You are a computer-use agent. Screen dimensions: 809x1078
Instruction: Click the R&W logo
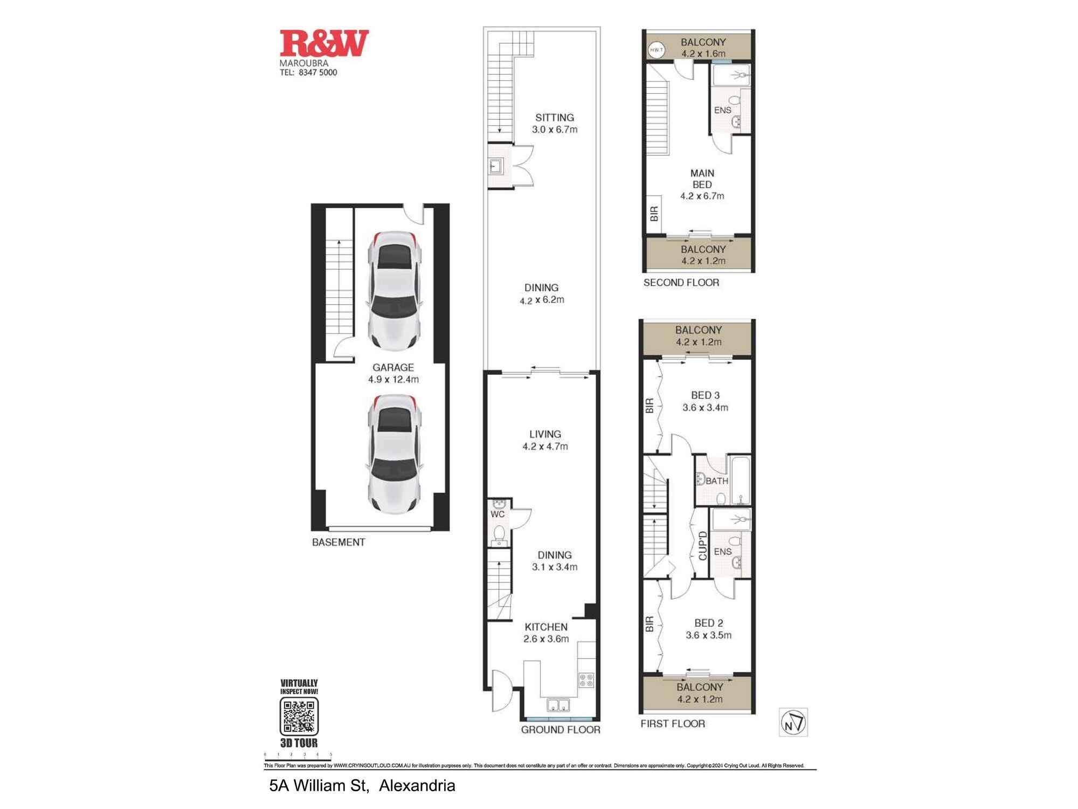(x=324, y=43)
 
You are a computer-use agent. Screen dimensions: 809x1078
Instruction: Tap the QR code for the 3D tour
(x=299, y=716)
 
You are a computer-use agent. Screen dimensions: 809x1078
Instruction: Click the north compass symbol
(x=793, y=722)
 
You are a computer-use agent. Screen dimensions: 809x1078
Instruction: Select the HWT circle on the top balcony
(x=656, y=50)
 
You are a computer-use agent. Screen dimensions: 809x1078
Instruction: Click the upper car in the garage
(x=394, y=291)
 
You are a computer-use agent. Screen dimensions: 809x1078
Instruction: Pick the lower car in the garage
(x=394, y=454)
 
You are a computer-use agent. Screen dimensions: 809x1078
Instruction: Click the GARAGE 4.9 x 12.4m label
(x=393, y=373)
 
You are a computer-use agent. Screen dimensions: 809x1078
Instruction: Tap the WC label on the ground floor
(x=497, y=515)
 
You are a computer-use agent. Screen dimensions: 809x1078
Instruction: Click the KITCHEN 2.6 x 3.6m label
(x=546, y=633)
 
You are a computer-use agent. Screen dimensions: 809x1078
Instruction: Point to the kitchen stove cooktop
(x=586, y=680)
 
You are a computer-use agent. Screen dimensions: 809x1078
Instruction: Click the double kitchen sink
(x=558, y=705)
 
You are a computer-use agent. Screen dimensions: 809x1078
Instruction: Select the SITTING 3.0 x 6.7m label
(x=555, y=124)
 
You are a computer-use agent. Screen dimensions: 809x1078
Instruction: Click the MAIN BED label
(x=702, y=179)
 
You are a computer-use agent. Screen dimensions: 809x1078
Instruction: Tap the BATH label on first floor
(x=717, y=481)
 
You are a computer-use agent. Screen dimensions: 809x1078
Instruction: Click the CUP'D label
(x=702, y=546)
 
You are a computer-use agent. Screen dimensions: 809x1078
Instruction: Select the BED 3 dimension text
(x=705, y=408)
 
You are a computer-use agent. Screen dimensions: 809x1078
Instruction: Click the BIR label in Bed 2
(x=649, y=625)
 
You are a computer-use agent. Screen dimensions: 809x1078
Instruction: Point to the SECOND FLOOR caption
(x=681, y=283)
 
